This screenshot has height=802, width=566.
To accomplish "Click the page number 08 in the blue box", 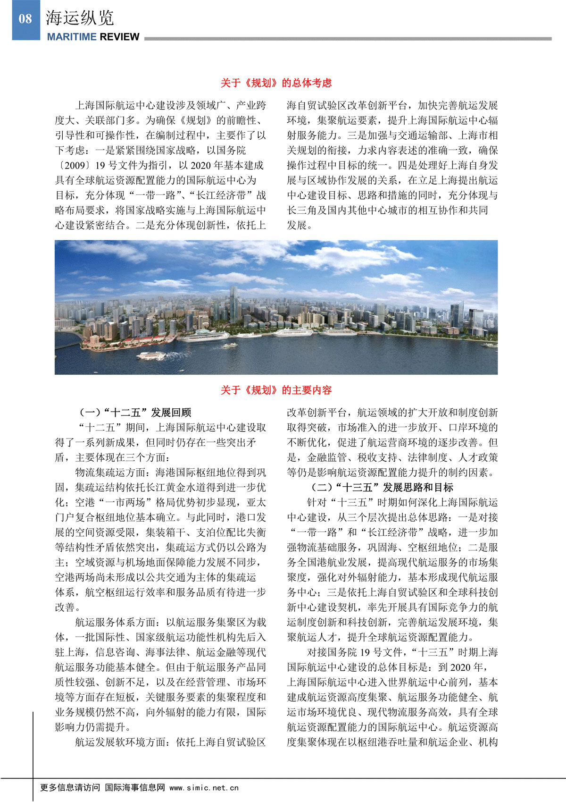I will click(25, 19).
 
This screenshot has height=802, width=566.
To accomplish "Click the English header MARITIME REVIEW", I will click(93, 37).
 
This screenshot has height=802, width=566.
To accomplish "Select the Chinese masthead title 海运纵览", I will click(80, 18).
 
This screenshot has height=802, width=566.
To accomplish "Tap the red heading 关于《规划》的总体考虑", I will click(276, 83).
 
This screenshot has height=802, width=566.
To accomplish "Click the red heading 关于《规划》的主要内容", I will click(276, 390).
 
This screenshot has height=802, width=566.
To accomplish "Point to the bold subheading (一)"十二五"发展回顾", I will click(134, 413).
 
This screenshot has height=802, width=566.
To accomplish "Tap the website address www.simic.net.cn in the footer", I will click(204, 787).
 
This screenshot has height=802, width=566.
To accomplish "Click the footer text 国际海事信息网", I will click(135, 787).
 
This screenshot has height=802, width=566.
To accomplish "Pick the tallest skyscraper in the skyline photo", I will click(234, 307).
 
